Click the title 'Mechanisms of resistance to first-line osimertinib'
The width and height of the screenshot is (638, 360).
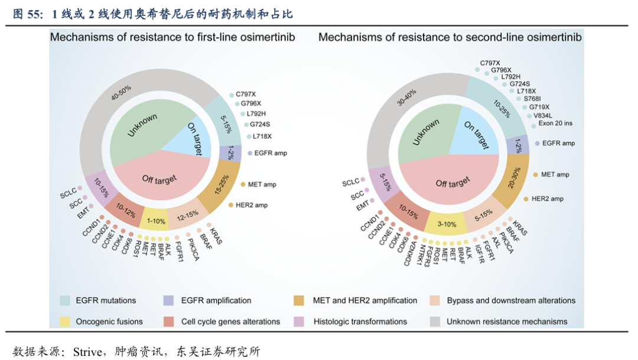click(172, 37)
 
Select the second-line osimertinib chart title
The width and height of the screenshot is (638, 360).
click(450, 37)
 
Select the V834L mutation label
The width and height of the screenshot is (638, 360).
click(543, 115)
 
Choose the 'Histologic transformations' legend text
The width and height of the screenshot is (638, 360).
click(360, 322)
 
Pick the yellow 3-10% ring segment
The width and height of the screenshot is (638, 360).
click(447, 224)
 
